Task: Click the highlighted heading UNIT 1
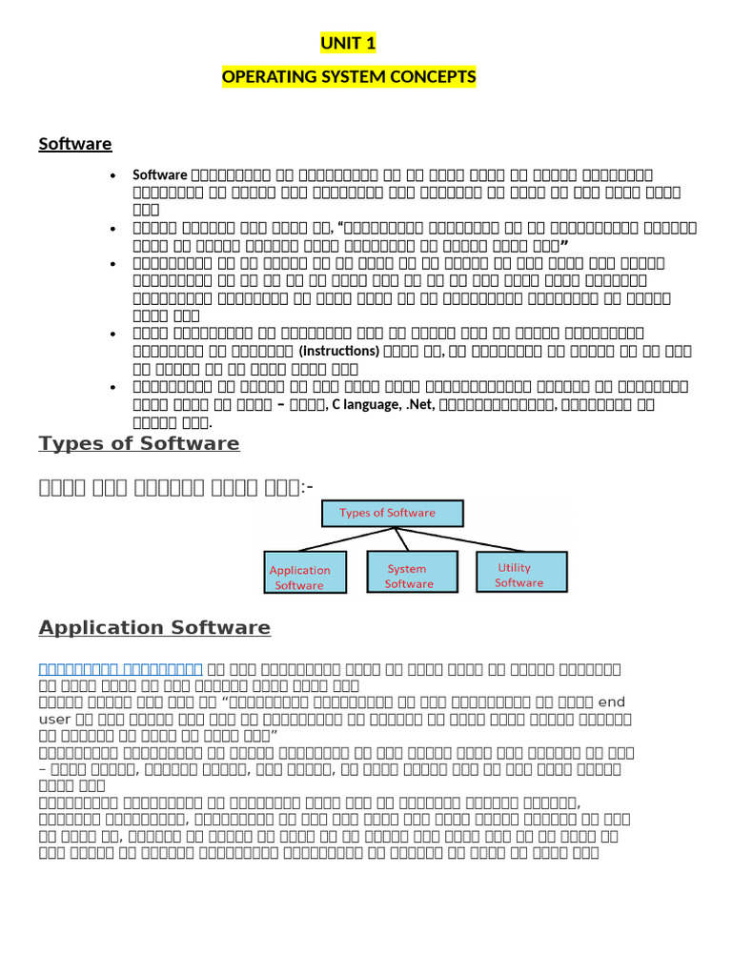click(x=349, y=43)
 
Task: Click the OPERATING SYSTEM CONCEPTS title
click(x=349, y=76)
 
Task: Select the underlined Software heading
click(x=75, y=144)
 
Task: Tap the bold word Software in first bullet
click(x=160, y=174)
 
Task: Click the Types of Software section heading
click(x=139, y=443)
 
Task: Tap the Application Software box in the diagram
click(x=299, y=577)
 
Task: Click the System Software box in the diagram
click(x=409, y=576)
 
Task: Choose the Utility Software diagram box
click(x=520, y=575)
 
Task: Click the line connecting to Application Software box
click(x=343, y=539)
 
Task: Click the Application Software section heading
click(x=154, y=627)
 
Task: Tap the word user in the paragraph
click(x=54, y=719)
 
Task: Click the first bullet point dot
click(x=113, y=176)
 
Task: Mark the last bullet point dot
click(x=113, y=387)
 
